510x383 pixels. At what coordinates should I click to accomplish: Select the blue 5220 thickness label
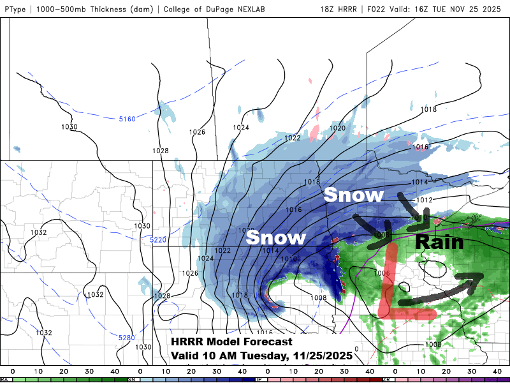[x=158, y=239]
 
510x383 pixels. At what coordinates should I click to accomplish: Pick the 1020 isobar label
[x=337, y=128]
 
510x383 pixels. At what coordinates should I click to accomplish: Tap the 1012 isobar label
[x=425, y=200]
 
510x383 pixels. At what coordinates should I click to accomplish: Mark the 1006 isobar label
[x=382, y=273]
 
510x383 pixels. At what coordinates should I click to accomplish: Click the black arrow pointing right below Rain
[x=440, y=290]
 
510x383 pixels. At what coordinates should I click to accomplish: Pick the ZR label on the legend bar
[x=386, y=379]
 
